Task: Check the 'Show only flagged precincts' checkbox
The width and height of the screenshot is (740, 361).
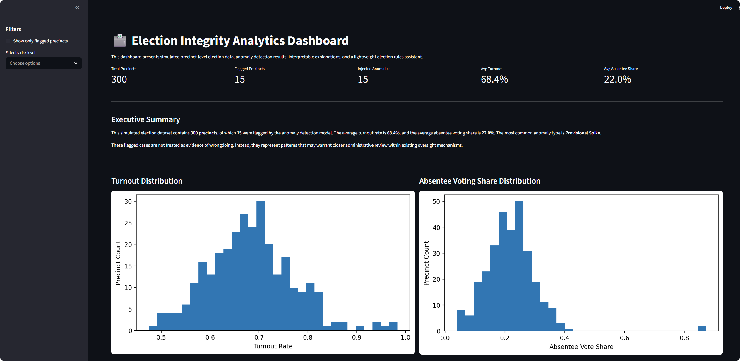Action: (8, 41)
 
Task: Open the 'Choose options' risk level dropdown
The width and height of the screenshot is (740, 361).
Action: (44, 63)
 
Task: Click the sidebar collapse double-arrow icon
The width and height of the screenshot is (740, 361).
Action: (77, 8)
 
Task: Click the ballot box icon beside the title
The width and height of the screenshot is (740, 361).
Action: (120, 40)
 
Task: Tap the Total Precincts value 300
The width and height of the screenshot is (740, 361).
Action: (119, 79)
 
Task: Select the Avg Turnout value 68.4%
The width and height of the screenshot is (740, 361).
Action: (494, 79)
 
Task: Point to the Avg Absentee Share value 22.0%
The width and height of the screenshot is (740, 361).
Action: (617, 79)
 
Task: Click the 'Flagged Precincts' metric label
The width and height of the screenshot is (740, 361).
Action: (249, 69)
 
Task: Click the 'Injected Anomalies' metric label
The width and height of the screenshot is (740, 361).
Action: (374, 69)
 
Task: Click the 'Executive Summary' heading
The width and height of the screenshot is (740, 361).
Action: (145, 119)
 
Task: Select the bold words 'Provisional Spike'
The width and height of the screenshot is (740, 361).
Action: (583, 133)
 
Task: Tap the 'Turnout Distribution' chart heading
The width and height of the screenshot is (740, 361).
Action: (147, 181)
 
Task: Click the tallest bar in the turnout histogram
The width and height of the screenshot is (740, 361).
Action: (260, 264)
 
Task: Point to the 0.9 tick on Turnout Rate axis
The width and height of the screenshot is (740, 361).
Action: (357, 337)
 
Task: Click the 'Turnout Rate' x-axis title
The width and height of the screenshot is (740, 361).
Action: (273, 346)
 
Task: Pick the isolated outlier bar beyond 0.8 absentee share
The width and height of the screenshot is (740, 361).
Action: (702, 328)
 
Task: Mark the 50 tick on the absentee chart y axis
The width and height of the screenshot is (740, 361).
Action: (436, 201)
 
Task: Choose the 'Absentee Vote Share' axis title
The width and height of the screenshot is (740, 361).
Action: (581, 347)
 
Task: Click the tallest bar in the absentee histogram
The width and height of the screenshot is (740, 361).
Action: (519, 264)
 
